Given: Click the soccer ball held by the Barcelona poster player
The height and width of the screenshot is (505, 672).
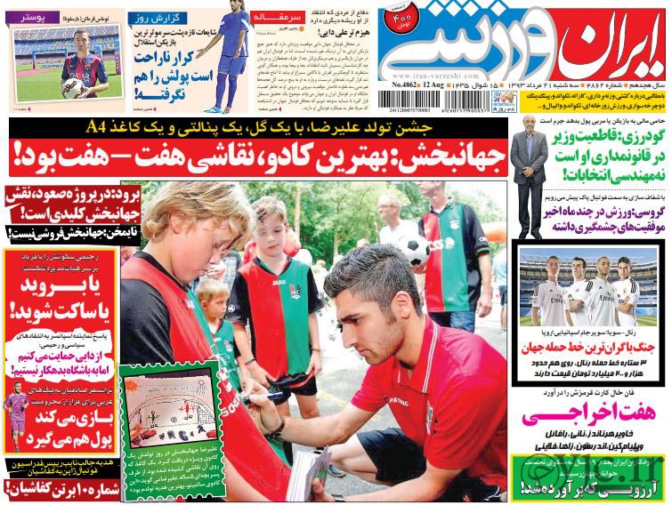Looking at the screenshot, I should (x=72, y=86).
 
